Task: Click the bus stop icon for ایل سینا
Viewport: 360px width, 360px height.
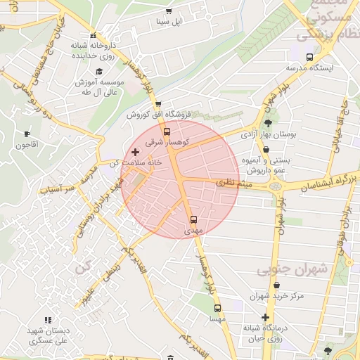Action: pos(167,12)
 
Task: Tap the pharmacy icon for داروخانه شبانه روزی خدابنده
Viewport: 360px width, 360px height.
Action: pos(93,36)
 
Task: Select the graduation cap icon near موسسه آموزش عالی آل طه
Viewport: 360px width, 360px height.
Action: pos(99,71)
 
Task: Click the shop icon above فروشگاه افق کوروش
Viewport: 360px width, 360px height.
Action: pos(159,103)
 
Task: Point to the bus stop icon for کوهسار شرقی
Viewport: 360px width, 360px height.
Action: pos(167,131)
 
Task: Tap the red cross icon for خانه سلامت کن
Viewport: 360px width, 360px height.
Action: pos(135,152)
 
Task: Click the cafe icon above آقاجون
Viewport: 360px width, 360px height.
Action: pos(27,134)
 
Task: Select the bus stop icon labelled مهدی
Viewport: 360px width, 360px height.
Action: pos(194,219)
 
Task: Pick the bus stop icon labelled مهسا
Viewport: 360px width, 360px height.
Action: pos(217,308)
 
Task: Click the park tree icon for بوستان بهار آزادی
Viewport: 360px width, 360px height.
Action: pos(268,122)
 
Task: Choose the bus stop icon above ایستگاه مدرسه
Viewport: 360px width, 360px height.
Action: pos(310,57)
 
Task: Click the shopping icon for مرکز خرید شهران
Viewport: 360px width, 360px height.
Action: pos(277,285)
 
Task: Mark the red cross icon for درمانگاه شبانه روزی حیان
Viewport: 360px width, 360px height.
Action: pos(265,318)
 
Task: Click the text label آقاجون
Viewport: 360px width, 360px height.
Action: pos(27,144)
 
